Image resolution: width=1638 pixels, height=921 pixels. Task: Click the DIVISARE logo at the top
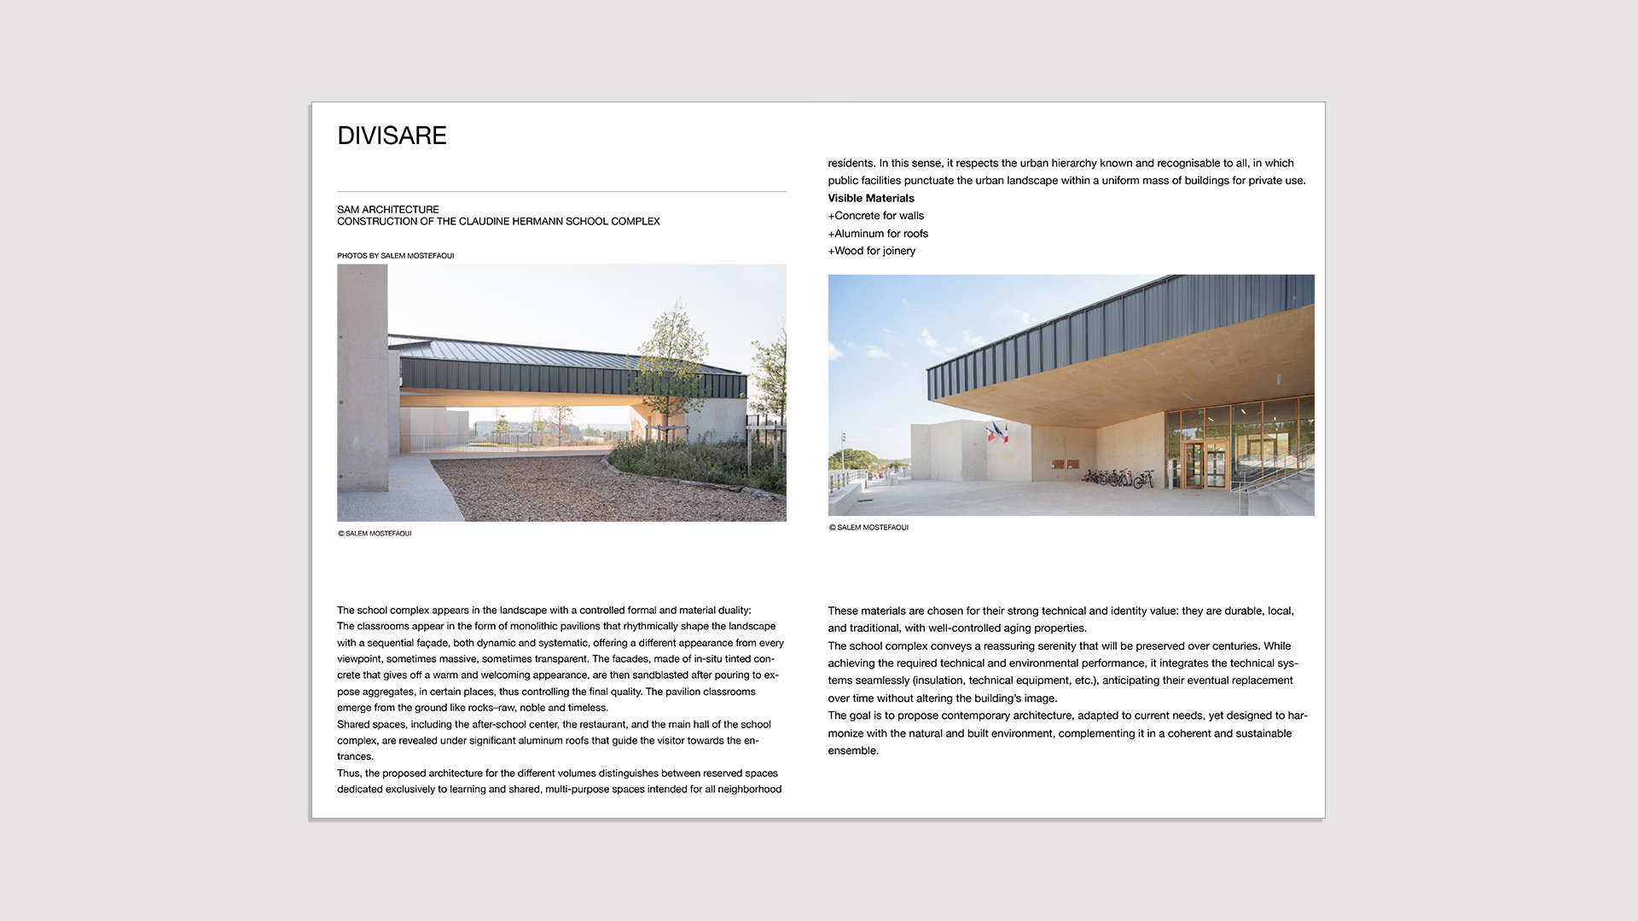tap(392, 136)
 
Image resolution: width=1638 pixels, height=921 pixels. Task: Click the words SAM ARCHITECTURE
tap(388, 209)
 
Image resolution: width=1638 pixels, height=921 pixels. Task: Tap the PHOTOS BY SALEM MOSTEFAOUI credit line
tap(395, 256)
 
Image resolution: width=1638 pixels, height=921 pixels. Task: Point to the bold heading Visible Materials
tap(870, 198)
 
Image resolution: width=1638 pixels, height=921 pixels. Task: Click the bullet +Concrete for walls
tap(875, 216)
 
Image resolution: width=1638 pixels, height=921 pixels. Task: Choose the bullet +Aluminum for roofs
tap(878, 234)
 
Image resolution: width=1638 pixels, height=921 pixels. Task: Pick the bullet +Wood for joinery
tap(871, 251)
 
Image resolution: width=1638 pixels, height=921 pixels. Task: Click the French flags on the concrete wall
tap(996, 433)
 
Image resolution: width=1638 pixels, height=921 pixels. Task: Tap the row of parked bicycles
tap(1118, 478)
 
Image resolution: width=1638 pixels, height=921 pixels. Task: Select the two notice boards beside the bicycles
tap(1065, 464)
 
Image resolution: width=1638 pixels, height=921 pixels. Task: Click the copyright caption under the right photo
tap(868, 528)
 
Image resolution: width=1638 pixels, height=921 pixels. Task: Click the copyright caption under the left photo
tap(375, 534)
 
